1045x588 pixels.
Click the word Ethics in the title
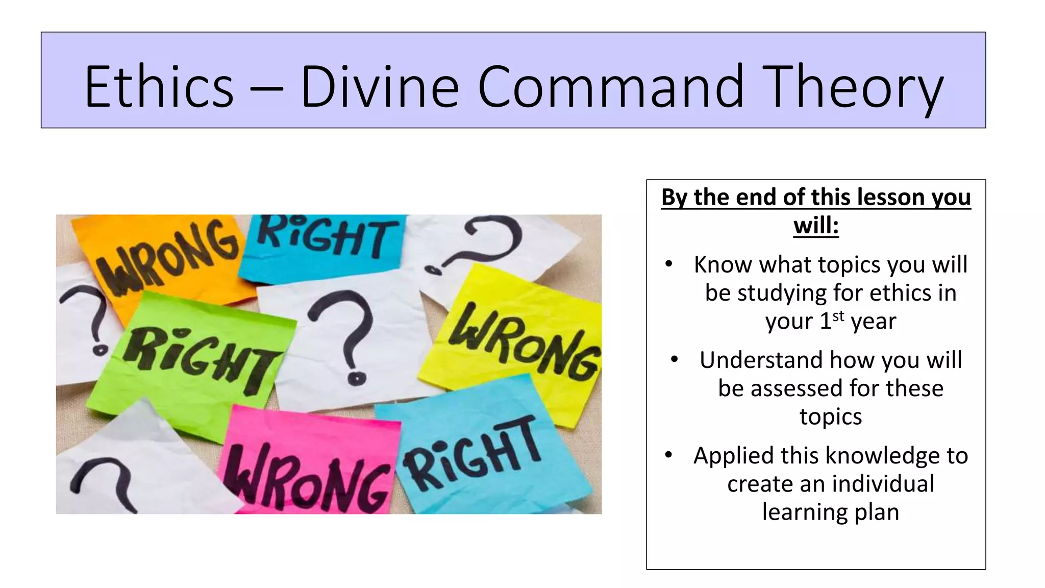tap(159, 87)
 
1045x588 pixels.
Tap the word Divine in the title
tap(380, 87)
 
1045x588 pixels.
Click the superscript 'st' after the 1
tap(838, 316)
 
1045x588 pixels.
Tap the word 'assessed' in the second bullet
tap(797, 388)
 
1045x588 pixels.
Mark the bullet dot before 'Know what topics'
tap(669, 264)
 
